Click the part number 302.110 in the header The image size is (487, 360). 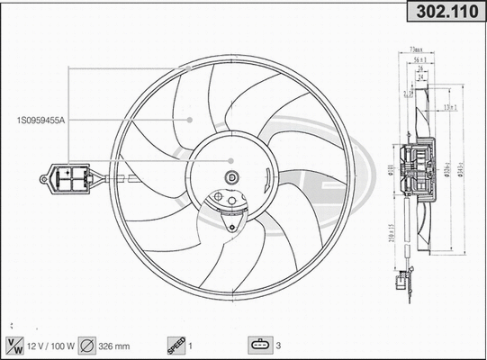[x=443, y=12]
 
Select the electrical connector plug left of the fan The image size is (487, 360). [x=71, y=178]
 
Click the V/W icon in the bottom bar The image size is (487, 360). [x=14, y=344]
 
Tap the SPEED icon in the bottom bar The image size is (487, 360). [x=177, y=344]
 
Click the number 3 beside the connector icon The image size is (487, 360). [x=280, y=344]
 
